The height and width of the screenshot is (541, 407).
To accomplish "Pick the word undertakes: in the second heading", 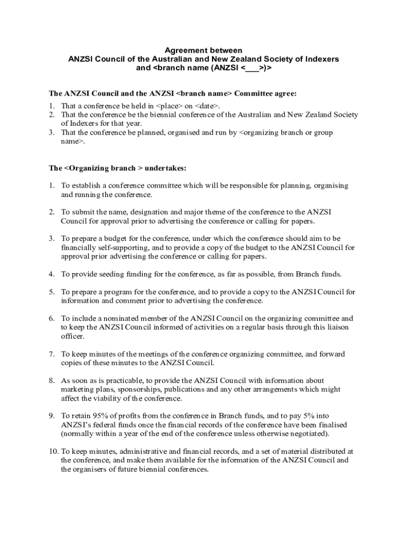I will pos(165,168).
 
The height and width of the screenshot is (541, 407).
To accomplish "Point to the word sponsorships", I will pos(120,389).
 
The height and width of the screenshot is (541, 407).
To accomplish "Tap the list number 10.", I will pos(53,452).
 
